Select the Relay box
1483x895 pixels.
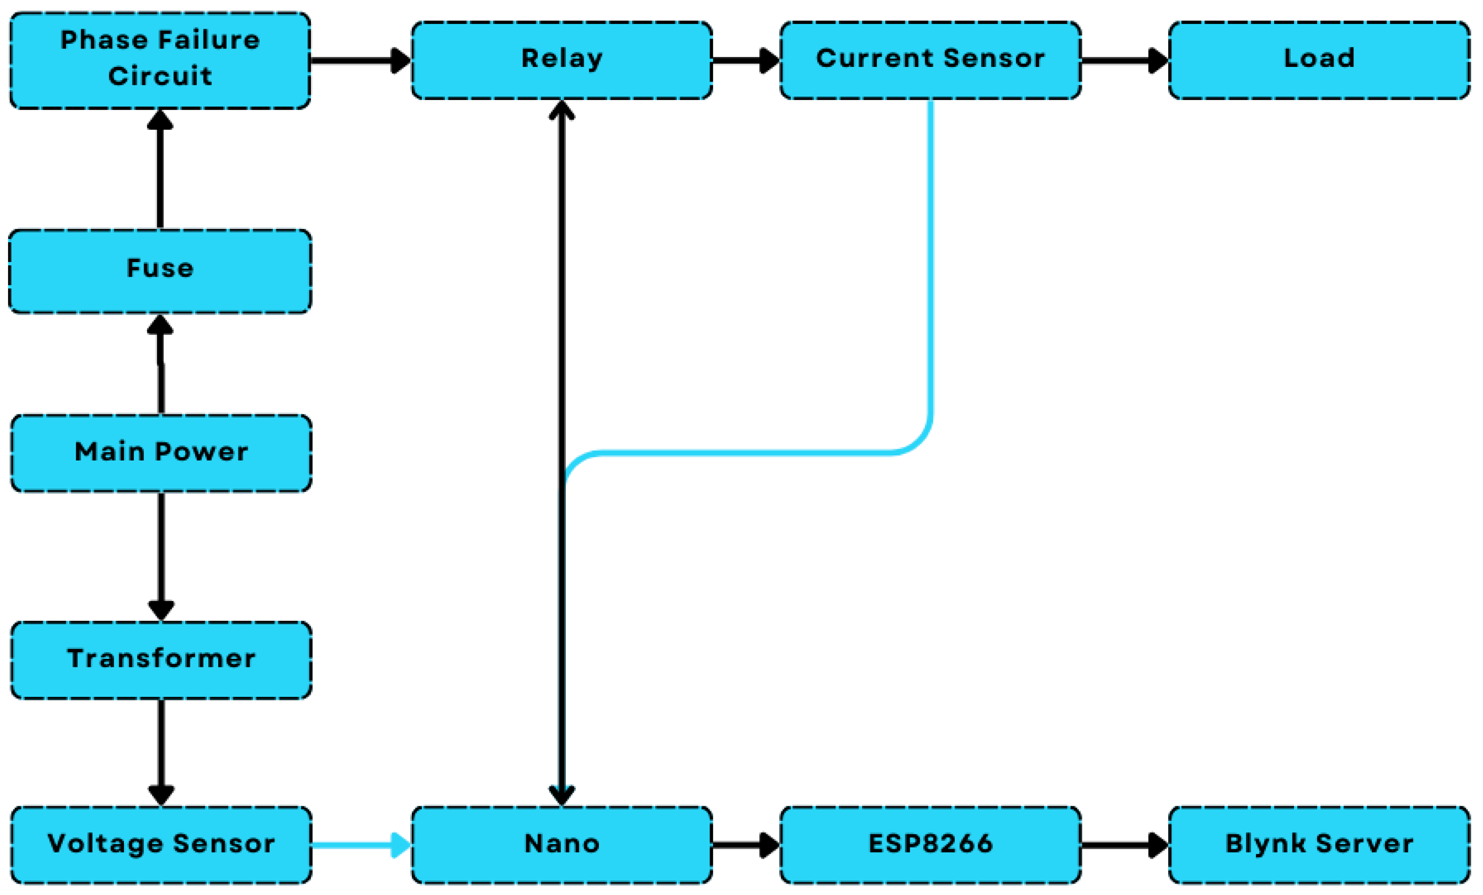562,60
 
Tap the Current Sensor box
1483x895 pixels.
931,60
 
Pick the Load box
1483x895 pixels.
1319,60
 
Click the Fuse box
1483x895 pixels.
160,271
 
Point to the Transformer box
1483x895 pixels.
161,660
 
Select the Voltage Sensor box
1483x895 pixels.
161,845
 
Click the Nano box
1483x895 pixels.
562,845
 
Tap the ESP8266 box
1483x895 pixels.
931,845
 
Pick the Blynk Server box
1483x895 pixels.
1319,845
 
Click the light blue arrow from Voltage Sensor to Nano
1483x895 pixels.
361,845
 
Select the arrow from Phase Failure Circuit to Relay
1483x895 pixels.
361,61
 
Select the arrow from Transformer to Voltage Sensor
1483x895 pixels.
161,752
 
